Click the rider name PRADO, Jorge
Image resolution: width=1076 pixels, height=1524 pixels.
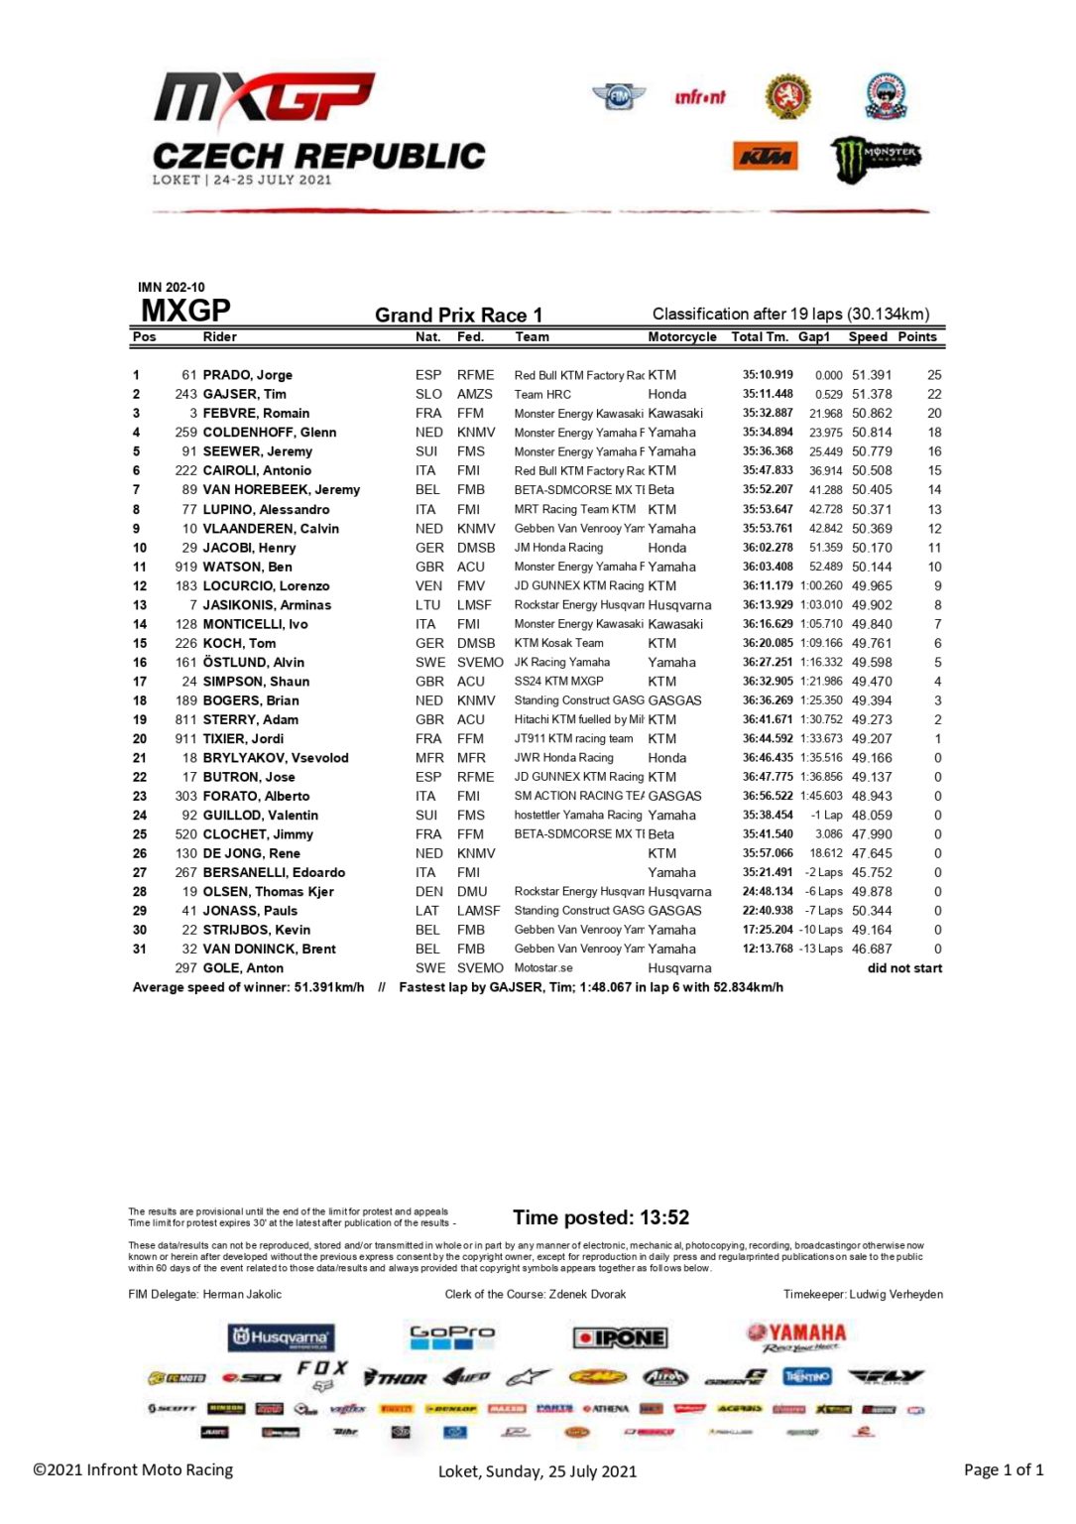tap(247, 375)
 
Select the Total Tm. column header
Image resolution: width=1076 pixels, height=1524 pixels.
tap(760, 337)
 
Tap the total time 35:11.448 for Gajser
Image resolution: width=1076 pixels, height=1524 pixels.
tap(768, 394)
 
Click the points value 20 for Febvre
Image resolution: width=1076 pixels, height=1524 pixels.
tap(934, 413)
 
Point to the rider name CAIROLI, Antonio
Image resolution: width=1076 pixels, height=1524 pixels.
tap(257, 470)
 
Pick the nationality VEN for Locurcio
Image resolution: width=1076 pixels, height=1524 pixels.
tap(428, 585)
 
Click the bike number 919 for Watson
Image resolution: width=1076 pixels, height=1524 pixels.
tap(185, 567)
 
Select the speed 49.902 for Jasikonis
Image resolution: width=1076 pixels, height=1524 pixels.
tap(872, 604)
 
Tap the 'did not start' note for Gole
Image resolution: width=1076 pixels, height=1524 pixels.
tap(904, 968)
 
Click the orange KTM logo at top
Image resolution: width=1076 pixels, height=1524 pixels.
tap(766, 156)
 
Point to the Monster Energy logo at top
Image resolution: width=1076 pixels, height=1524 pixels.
tap(876, 158)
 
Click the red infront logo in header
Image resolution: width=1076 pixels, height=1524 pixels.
tap(700, 97)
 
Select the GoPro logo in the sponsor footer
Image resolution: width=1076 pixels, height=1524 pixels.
tap(452, 1335)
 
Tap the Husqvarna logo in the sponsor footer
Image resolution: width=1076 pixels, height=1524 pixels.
tap(281, 1337)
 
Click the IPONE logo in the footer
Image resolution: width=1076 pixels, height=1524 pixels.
tap(620, 1337)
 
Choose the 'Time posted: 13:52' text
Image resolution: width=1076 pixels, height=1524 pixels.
tap(601, 1217)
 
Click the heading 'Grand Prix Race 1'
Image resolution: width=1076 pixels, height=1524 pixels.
tap(458, 316)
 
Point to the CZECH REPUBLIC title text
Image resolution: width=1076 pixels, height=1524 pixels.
tap(318, 156)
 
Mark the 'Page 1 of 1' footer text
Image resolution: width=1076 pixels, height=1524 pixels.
tap(1003, 1469)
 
